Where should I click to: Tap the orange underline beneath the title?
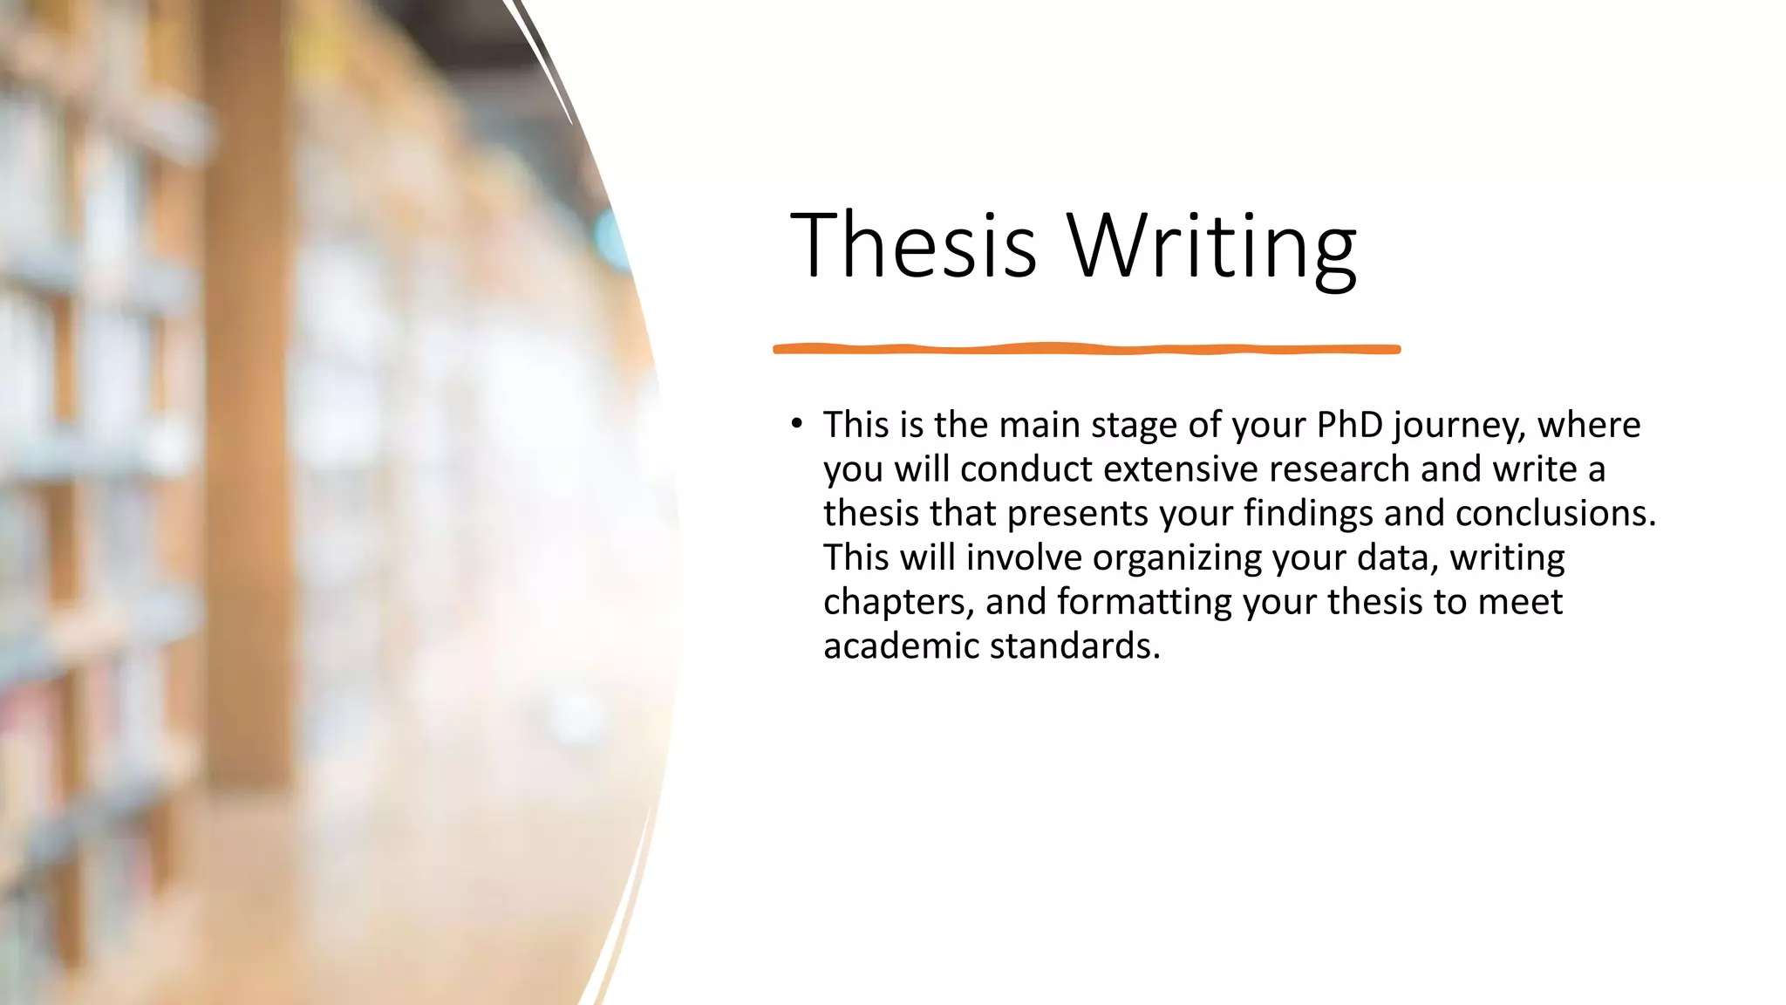[x=1087, y=349]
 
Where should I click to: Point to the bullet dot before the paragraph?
[x=796, y=425]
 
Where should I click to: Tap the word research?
[x=1339, y=469]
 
